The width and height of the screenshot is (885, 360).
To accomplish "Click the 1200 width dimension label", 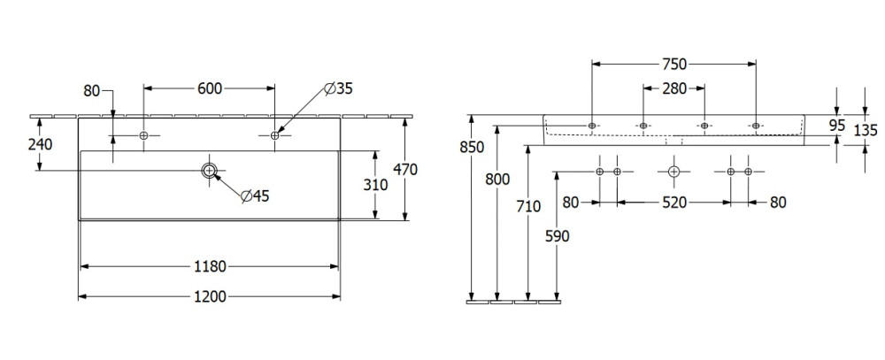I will point(210,296).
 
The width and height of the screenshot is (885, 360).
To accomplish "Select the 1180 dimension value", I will point(210,265).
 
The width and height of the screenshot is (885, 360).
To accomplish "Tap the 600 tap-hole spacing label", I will point(210,88).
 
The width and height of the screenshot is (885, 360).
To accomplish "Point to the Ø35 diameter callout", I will point(339,88).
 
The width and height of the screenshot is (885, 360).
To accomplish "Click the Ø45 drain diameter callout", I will point(255,195).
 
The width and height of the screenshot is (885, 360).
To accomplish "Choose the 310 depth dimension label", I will point(376,185).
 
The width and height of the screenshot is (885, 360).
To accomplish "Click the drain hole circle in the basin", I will point(210,172).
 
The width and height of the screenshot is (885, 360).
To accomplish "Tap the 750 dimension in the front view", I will point(674,64).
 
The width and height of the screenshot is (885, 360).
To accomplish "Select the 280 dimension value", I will point(674,88).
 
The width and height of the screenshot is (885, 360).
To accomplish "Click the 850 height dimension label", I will point(472,147).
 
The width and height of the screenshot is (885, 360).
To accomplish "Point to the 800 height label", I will point(498,179).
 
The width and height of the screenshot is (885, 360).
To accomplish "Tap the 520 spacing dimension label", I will point(674,203).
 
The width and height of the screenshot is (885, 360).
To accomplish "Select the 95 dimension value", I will point(837,125).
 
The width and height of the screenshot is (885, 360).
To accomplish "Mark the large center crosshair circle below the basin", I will point(674,171).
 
